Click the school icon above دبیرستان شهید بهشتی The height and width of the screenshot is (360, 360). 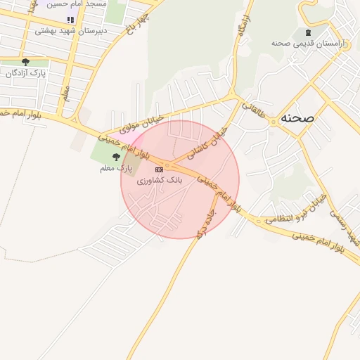pos(69,20)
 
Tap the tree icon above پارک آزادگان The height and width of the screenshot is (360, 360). pos(26,63)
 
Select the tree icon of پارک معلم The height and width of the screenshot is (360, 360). pos(116,157)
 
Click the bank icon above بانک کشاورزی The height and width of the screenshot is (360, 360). pos(160,169)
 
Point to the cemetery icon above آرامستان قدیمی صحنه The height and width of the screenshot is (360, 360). pos(307,32)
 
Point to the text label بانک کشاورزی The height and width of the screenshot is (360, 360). pos(159,181)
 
